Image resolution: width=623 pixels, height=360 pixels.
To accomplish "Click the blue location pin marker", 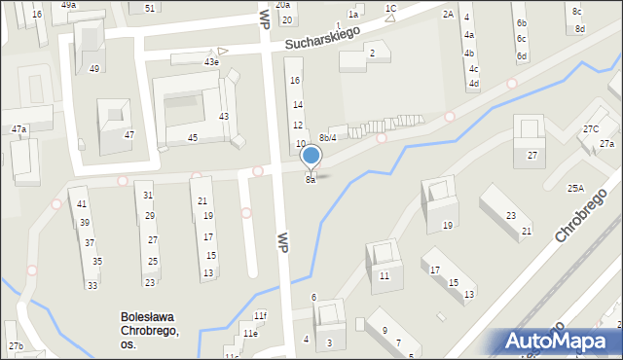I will click(x=311, y=156).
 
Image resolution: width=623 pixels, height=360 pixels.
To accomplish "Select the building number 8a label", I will click(x=311, y=180).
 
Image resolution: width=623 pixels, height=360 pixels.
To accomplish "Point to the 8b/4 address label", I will click(x=328, y=137).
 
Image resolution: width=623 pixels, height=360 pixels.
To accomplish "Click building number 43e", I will click(x=211, y=62).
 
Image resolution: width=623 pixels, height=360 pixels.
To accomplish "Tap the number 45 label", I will click(x=193, y=138).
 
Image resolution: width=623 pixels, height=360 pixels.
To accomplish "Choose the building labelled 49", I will click(x=94, y=69).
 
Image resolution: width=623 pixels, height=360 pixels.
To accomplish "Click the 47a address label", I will click(x=18, y=128).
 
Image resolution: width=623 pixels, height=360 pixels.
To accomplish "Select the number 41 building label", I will click(x=83, y=204).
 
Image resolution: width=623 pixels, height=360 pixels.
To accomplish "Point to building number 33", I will click(x=92, y=285).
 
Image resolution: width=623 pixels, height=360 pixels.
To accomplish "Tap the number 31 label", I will click(x=148, y=196).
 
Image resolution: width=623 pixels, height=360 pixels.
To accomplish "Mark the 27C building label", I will click(x=591, y=129).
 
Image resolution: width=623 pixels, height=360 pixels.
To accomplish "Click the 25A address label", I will click(x=576, y=188).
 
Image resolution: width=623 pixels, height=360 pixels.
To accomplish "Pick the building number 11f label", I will click(x=260, y=316).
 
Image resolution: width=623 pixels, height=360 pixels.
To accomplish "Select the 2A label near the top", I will click(x=448, y=14).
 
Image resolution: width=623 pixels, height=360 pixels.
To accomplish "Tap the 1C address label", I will click(x=390, y=9).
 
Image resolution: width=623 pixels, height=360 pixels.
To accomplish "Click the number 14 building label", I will click(x=298, y=105).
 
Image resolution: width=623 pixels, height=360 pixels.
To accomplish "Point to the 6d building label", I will click(x=522, y=56).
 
